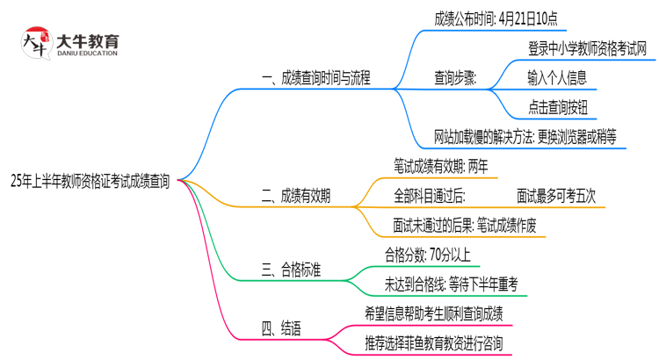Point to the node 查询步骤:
point(455,77)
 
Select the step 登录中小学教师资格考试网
point(587,48)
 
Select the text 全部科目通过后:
point(431,196)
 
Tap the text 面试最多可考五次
point(556,196)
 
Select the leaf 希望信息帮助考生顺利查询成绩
point(433,314)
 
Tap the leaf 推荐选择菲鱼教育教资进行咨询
point(433,343)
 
